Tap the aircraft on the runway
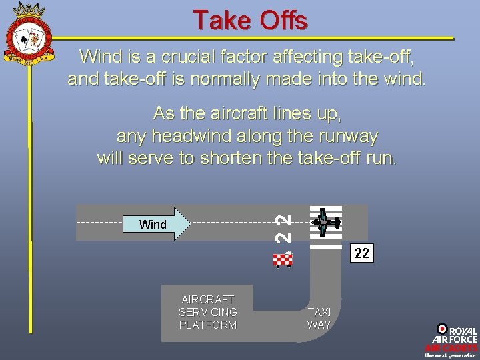tap(325, 222)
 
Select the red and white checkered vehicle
tap(283, 259)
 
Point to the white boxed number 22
tap(361, 253)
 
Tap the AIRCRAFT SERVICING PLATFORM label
tap(207, 312)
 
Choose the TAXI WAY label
tap(319, 318)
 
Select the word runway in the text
tap(342, 137)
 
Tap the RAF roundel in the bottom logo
tap(441, 328)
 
